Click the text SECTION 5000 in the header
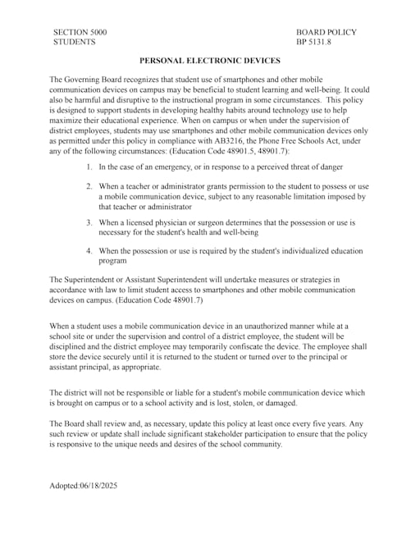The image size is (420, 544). coord(80,32)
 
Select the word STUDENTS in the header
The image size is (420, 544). coord(74,41)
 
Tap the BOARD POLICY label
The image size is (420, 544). coord(326,32)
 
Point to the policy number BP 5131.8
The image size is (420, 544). coord(313,41)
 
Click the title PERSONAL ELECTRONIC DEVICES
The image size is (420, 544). coord(210,61)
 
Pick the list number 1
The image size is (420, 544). coord(89,167)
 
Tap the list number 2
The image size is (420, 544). coord(89,186)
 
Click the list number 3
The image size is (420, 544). coord(89,222)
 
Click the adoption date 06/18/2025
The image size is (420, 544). coord(98,486)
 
